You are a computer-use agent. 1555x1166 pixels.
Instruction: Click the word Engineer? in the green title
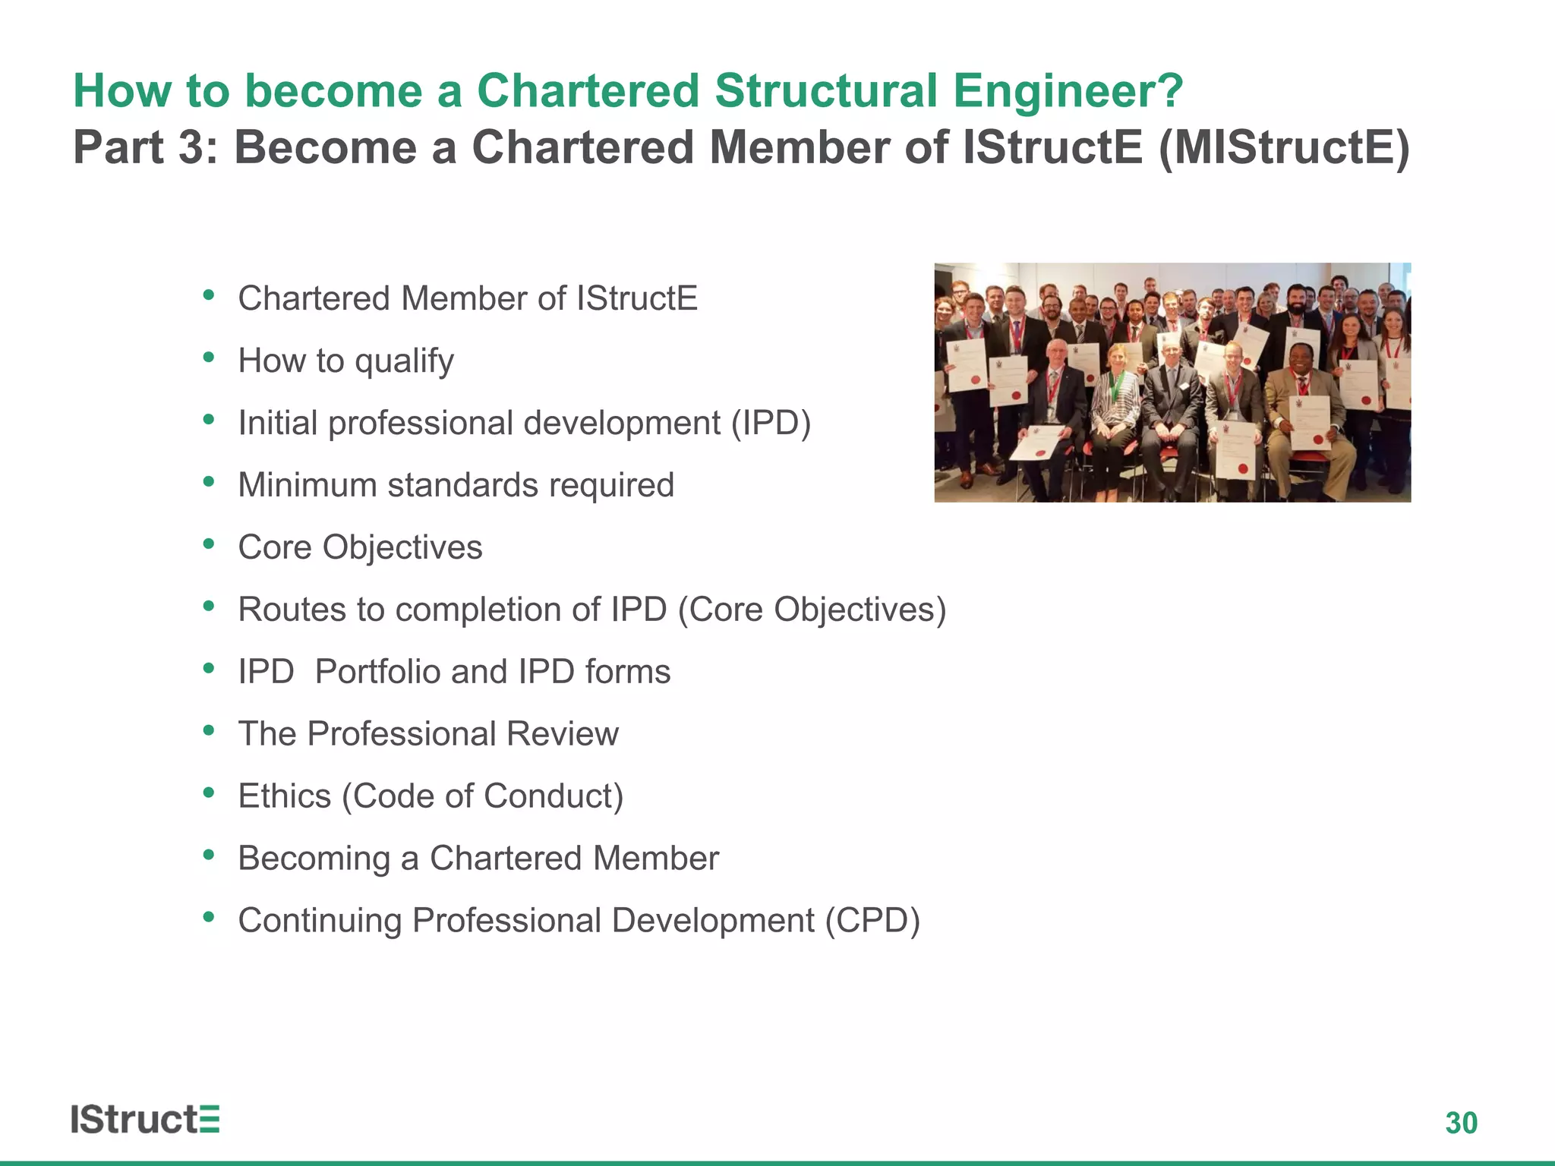[x=1068, y=91]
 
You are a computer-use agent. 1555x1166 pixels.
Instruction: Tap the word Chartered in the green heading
[x=587, y=91]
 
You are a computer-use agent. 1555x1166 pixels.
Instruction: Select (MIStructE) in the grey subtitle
[x=1284, y=147]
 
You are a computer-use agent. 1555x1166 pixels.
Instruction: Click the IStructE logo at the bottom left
[x=145, y=1120]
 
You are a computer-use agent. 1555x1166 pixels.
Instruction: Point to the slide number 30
[x=1461, y=1123]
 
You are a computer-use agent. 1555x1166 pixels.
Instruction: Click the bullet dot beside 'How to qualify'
[x=209, y=357]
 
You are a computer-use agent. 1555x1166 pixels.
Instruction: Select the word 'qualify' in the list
[x=404, y=361]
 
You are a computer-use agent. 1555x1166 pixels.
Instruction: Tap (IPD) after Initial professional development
[x=771, y=424]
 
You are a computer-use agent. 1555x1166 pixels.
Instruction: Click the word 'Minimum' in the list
[x=307, y=485]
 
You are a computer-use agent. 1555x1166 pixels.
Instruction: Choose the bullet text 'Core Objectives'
[x=360, y=547]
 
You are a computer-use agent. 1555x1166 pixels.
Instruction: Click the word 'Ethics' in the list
[x=285, y=796]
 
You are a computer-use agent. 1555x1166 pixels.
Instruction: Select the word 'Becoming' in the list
[x=314, y=859]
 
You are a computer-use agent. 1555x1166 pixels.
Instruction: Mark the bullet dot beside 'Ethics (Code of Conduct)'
[x=209, y=793]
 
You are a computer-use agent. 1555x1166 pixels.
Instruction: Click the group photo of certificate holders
[x=1172, y=382]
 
